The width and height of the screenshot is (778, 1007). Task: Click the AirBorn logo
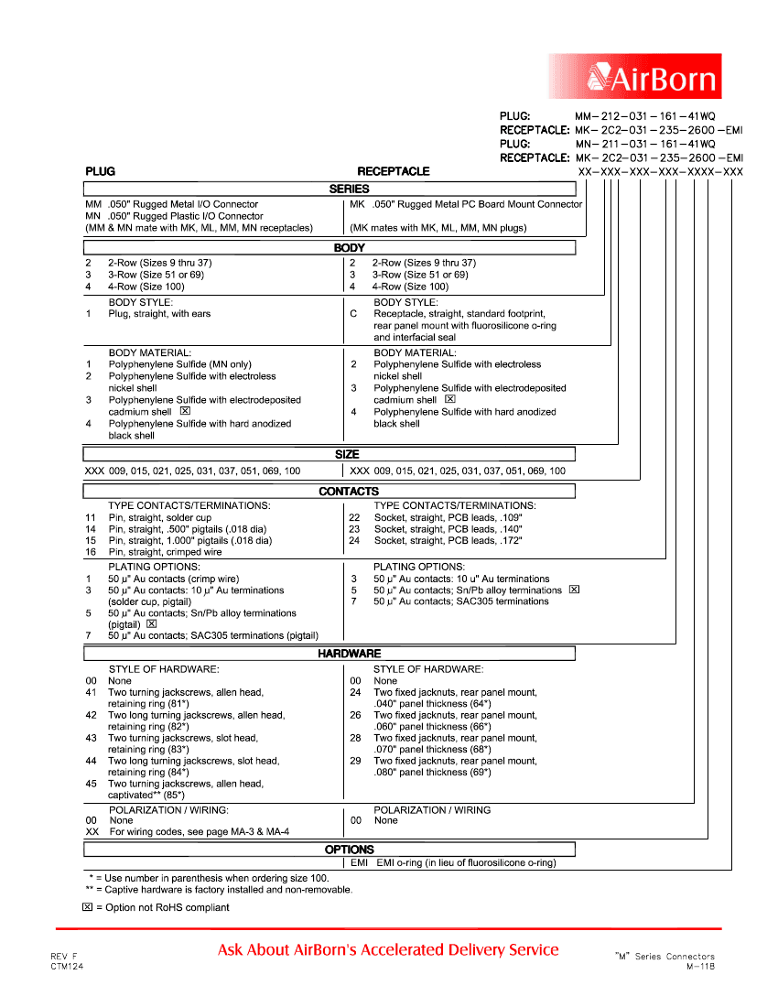click(x=634, y=77)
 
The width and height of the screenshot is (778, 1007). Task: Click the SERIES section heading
click(x=349, y=189)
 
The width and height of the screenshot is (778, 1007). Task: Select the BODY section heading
click(x=349, y=247)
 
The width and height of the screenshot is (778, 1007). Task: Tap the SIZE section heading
click(x=347, y=454)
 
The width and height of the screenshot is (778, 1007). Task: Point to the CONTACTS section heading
click(x=349, y=492)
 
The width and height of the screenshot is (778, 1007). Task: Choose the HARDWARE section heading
click(x=349, y=654)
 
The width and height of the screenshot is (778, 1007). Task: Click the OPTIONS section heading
click(x=349, y=850)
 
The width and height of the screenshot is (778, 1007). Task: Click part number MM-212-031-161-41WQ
click(x=644, y=116)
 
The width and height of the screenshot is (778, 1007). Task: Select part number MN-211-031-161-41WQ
click(x=644, y=144)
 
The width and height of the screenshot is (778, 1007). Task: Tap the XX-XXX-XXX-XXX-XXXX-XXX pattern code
click(x=660, y=172)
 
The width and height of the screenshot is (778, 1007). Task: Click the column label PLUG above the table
click(x=100, y=171)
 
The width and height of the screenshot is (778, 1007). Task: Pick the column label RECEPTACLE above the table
click(x=393, y=171)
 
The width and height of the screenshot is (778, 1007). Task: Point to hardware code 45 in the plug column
click(x=91, y=784)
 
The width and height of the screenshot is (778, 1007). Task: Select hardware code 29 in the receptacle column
click(x=355, y=761)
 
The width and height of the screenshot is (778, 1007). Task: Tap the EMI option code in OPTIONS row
click(x=360, y=862)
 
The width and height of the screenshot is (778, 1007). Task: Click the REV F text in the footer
click(x=64, y=957)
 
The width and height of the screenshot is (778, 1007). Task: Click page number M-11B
click(x=700, y=967)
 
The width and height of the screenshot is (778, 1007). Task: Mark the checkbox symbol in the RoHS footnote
click(x=87, y=907)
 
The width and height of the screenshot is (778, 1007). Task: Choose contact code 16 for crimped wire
click(x=91, y=552)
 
